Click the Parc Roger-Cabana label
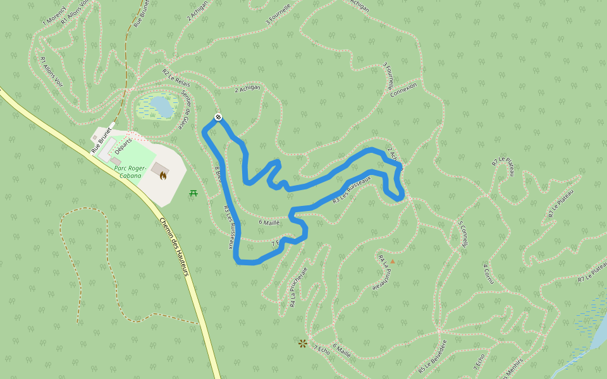point(131,172)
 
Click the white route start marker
point(218,117)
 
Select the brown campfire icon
point(163,176)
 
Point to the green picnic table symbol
point(193,193)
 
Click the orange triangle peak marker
point(392,261)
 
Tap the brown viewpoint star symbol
point(303,343)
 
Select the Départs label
point(123,145)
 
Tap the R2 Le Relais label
point(176,79)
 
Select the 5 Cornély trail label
point(462,234)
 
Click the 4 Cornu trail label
point(488,274)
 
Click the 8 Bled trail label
point(218,174)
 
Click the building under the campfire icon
point(159,170)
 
